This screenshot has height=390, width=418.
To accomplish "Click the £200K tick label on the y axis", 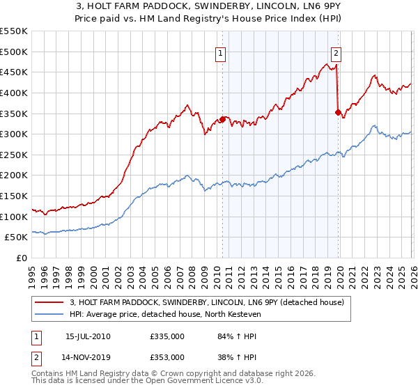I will [x=13, y=175].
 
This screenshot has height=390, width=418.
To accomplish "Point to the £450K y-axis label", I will [x=13, y=72].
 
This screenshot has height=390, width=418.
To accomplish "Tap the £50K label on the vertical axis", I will [x=16, y=237].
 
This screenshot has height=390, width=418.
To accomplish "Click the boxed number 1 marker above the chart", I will [x=221, y=52].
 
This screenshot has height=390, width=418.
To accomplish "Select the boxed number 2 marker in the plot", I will [x=336, y=52].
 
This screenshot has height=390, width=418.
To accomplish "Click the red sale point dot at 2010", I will [x=222, y=119].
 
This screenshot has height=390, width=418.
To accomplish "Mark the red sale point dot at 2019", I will [x=338, y=111].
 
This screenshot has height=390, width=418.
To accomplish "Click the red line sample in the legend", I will [x=49, y=302].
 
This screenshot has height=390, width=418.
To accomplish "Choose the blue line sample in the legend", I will [x=49, y=314].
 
